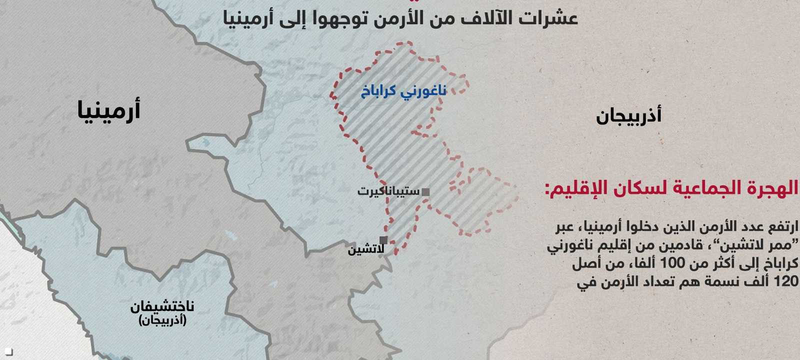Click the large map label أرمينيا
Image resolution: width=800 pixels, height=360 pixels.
click(x=108, y=109)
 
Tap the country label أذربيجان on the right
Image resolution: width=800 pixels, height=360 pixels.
click(x=628, y=116)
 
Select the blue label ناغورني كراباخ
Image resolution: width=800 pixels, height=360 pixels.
click(x=403, y=91)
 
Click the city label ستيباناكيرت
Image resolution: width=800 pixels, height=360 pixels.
click(x=388, y=191)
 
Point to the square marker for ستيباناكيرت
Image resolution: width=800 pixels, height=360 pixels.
click(x=425, y=191)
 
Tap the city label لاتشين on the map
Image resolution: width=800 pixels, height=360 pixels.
click(x=366, y=249)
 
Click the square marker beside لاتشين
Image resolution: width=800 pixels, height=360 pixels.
click(x=383, y=239)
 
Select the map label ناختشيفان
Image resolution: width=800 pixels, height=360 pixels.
click(x=162, y=306)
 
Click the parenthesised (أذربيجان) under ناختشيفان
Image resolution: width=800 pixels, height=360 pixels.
click(x=162, y=320)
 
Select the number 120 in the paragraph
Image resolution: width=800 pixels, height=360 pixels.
click(x=786, y=281)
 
